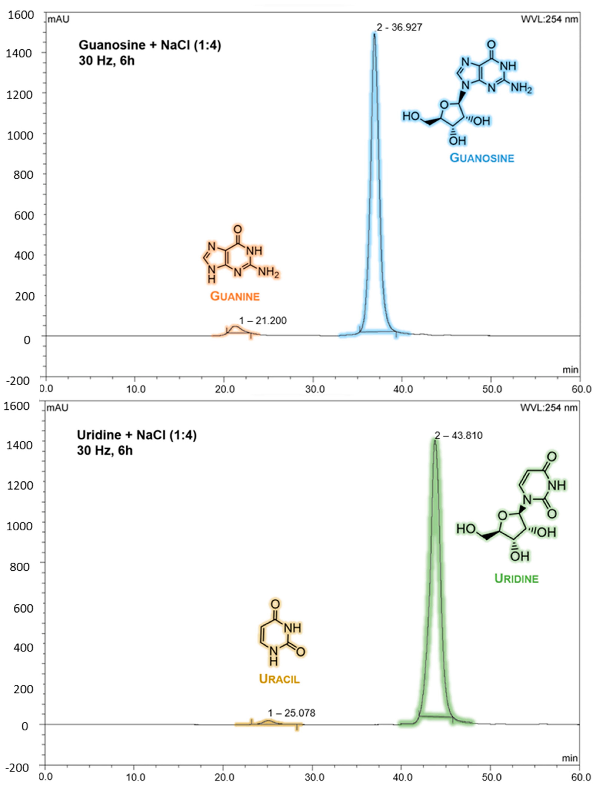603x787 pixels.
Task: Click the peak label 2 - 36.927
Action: coord(399,27)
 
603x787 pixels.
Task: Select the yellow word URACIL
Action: coord(279,679)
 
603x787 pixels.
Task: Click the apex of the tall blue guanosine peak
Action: coord(374,34)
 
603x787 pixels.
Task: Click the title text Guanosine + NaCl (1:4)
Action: coord(150,45)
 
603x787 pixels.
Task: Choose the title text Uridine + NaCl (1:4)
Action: coord(137,435)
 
